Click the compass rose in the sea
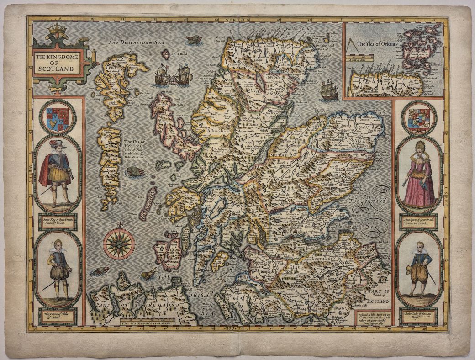click(x=119, y=243)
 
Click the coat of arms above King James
click(x=58, y=117)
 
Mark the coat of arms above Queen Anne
click(x=418, y=118)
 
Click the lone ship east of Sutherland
click(x=328, y=90)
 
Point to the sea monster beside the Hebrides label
click(x=135, y=172)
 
